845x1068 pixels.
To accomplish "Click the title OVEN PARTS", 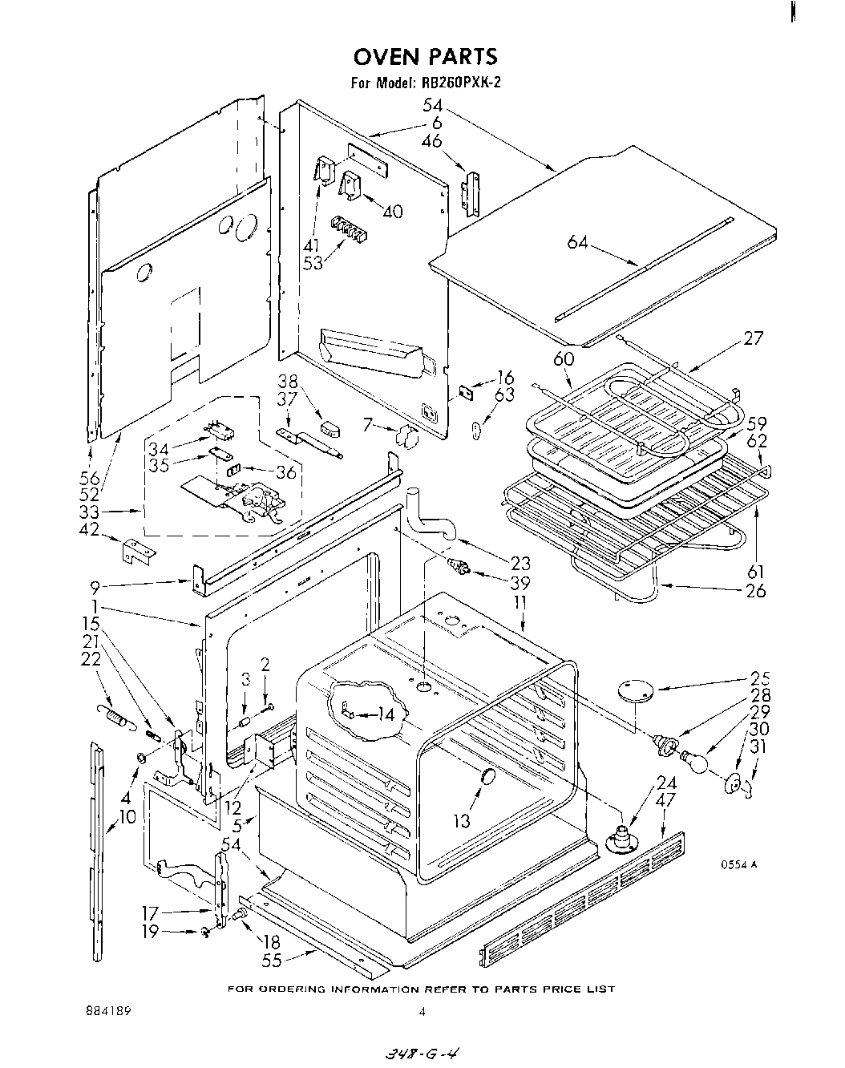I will click(426, 56).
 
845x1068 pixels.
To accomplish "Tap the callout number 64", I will click(578, 241).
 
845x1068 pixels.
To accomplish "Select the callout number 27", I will click(753, 338).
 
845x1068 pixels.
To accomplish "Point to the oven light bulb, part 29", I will click(694, 760).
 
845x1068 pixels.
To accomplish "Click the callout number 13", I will click(462, 821).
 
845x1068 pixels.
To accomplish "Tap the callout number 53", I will click(313, 262).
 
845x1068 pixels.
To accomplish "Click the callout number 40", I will click(392, 212).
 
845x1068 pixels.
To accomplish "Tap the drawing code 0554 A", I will click(738, 864).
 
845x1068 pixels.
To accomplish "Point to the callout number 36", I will click(285, 472).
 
